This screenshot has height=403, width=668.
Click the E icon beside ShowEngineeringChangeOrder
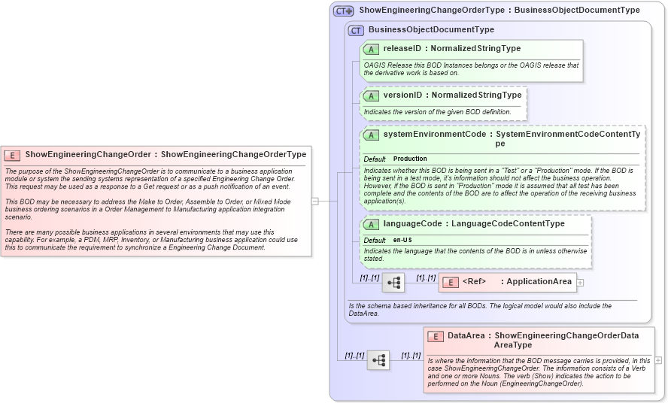(x=12, y=155)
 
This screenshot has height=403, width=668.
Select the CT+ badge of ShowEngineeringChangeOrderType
(x=344, y=11)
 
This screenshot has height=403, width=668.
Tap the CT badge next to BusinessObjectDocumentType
(x=356, y=30)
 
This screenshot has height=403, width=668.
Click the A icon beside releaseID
(x=371, y=49)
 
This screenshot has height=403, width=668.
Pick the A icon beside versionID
(x=371, y=96)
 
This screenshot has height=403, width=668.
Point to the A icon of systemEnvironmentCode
(x=371, y=135)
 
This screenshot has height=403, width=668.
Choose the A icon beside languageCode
(x=371, y=224)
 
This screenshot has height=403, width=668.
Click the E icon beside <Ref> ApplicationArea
(x=450, y=282)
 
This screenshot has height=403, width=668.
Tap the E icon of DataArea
(x=436, y=336)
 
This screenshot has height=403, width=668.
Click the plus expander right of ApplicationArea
(x=580, y=283)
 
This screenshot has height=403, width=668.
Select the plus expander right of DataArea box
(x=658, y=360)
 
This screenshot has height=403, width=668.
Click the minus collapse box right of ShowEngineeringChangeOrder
(x=314, y=201)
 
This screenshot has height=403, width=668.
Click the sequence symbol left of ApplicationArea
(x=393, y=283)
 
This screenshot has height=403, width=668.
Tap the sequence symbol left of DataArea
(x=378, y=360)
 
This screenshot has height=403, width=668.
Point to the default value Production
(x=410, y=159)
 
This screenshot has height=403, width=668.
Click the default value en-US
(x=402, y=240)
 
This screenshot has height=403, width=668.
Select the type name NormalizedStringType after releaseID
(x=475, y=49)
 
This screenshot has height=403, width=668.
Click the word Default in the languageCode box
(x=375, y=240)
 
